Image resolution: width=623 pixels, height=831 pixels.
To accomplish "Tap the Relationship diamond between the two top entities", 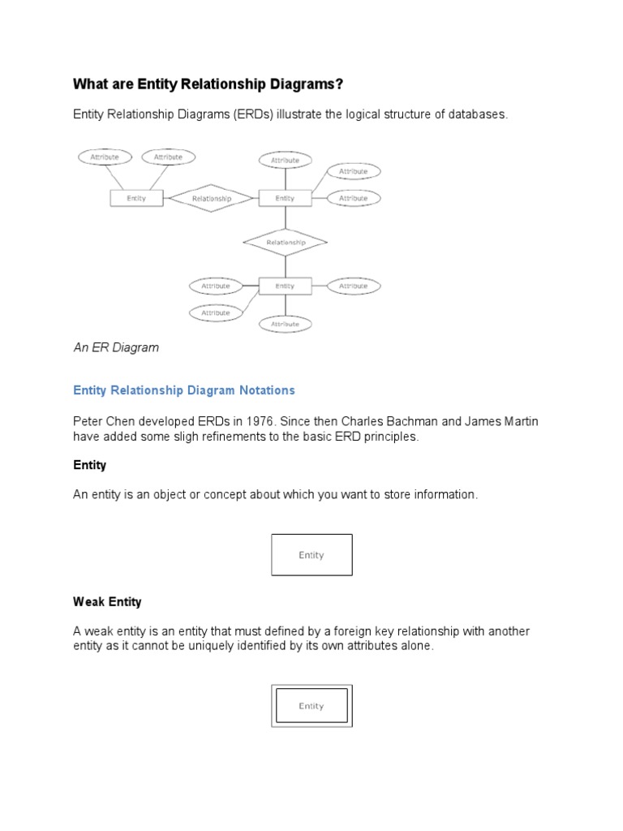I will click(211, 198).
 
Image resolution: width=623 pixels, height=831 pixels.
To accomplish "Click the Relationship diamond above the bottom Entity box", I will click(285, 242).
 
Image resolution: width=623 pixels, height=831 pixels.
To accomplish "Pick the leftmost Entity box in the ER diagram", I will click(136, 198).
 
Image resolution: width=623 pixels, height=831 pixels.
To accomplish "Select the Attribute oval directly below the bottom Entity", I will click(285, 324).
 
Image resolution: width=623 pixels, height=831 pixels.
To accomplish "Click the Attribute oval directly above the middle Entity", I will click(285, 161).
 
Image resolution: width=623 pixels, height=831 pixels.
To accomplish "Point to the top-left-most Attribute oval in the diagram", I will click(105, 157).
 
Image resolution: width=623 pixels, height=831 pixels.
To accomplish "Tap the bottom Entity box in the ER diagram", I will click(285, 286).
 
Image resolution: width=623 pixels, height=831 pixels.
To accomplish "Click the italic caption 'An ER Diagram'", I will click(116, 347).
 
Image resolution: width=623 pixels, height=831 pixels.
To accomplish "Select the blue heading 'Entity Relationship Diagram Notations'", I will click(184, 390).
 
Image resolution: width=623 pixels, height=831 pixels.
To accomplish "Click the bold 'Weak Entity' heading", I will click(107, 602).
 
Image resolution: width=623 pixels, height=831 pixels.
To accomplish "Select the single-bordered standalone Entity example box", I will click(311, 555).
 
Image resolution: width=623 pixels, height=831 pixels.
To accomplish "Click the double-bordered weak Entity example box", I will click(311, 705).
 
